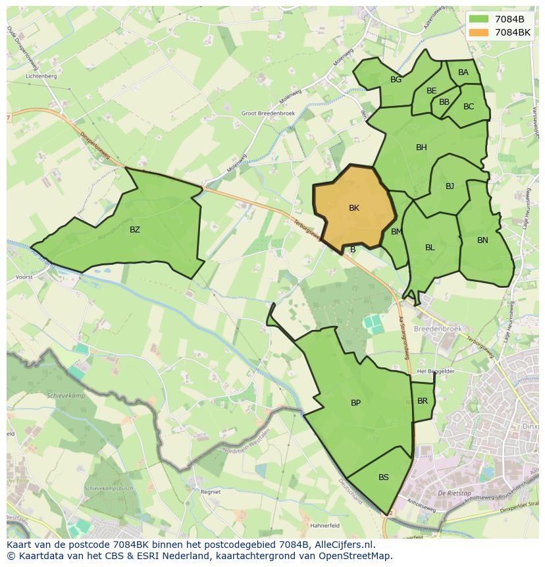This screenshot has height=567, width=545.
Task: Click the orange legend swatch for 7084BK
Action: click(479, 32)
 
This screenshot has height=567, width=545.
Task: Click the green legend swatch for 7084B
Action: click(479, 18)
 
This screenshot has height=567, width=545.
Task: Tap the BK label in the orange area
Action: click(354, 208)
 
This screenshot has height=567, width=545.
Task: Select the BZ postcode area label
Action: click(135, 230)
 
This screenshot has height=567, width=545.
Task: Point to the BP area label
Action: click(355, 403)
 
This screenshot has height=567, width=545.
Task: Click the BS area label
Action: click(384, 477)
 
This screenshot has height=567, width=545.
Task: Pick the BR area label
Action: click(423, 401)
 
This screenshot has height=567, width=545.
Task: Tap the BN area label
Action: click(482, 240)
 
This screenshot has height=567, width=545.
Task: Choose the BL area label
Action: click(430, 248)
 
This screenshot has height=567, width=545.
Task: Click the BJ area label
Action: click(450, 186)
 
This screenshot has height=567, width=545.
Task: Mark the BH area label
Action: click(421, 148)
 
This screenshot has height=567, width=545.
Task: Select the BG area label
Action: click(396, 80)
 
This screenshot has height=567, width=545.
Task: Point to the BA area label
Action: click(463, 72)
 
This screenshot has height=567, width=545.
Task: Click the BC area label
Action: click(469, 106)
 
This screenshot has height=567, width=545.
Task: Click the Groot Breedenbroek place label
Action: click(268, 113)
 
